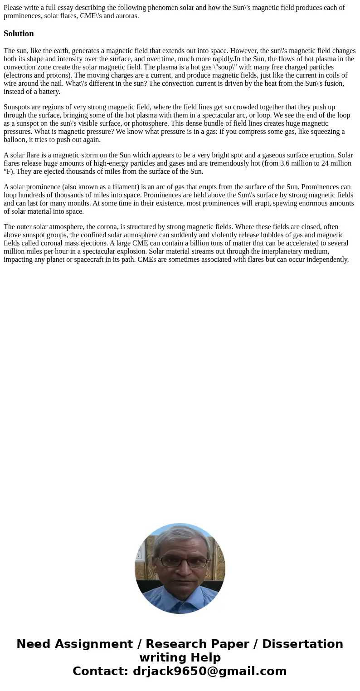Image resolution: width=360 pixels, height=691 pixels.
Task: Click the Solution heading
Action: coord(19,34)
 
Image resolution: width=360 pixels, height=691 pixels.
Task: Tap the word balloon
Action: coord(15,140)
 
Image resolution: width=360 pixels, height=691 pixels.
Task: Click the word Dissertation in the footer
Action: coord(302,644)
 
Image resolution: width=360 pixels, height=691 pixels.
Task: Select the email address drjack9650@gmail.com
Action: coord(209,671)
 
